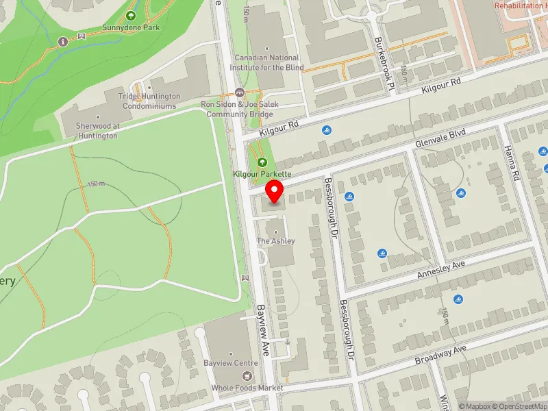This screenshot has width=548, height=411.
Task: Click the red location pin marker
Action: (275, 191)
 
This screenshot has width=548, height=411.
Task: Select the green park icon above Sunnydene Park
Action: (130, 15)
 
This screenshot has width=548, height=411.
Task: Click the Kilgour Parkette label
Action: (262, 175)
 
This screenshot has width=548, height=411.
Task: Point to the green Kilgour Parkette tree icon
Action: (262, 162)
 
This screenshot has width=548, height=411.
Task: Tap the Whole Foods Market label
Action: (247, 388)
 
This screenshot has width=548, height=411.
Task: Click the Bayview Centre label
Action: (230, 362)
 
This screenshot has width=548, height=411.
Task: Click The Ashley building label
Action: (276, 241)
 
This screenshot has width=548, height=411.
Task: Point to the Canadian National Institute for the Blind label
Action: (267, 62)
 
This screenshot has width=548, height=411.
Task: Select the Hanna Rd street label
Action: (510, 163)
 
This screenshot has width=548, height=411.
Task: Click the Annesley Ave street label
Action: (441, 269)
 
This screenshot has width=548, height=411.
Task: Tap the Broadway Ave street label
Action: (440, 355)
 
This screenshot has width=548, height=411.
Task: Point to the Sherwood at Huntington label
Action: (96, 131)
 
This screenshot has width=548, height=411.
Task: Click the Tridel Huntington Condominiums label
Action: (150, 101)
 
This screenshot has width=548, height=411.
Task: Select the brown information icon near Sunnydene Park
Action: (64, 41)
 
